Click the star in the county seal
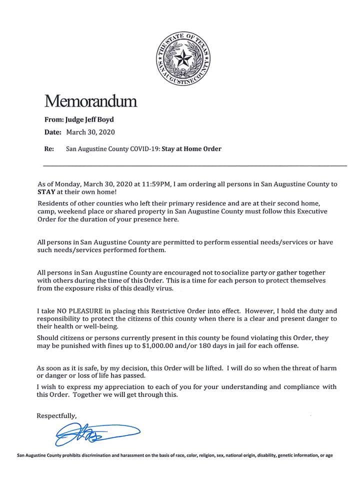[x=183, y=60]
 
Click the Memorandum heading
[x=90, y=101]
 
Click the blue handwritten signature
[x=95, y=433]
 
